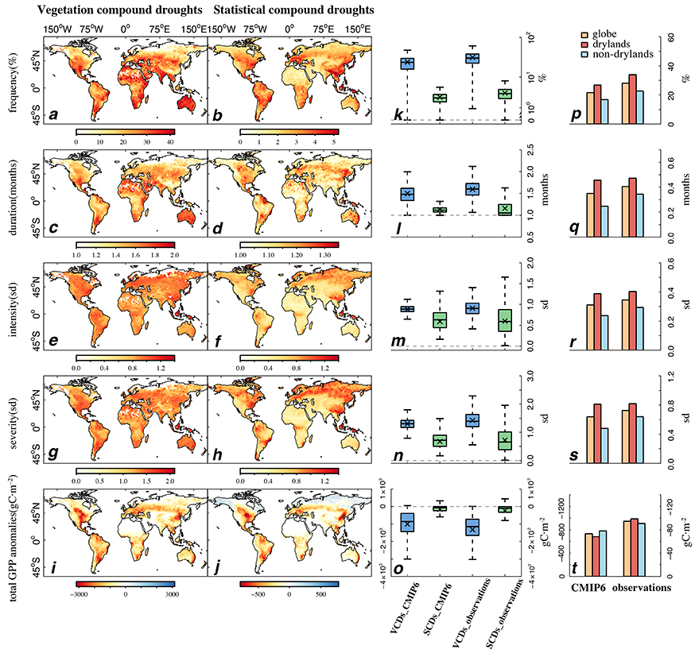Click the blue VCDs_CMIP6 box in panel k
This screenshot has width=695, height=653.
[x=408, y=63]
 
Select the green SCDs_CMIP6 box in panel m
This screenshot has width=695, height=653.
[x=440, y=319]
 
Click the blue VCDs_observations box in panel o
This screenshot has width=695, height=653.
[x=472, y=528]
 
